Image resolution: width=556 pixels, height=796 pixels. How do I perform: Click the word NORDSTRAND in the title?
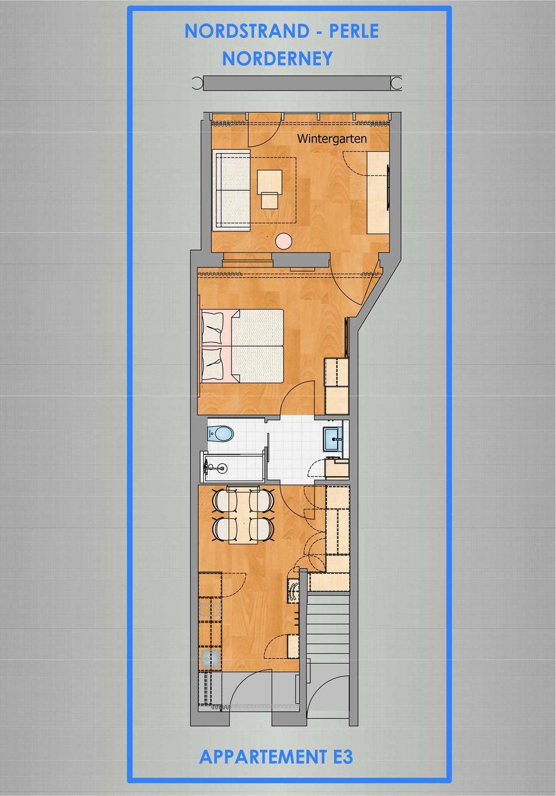(247, 32)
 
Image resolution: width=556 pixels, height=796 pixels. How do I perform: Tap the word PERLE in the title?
(354, 32)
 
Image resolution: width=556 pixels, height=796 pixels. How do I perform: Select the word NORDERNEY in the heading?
(277, 59)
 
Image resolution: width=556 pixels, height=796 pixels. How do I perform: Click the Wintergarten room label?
(332, 138)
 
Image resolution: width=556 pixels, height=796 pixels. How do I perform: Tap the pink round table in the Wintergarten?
(284, 240)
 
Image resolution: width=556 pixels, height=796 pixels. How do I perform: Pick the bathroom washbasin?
(333, 439)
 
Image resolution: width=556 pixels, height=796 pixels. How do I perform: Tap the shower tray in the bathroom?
(233, 467)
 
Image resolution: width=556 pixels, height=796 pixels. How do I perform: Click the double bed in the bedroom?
(243, 346)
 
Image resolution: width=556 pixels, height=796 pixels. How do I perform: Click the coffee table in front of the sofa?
(270, 181)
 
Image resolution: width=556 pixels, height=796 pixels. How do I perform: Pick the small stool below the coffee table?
(270, 201)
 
